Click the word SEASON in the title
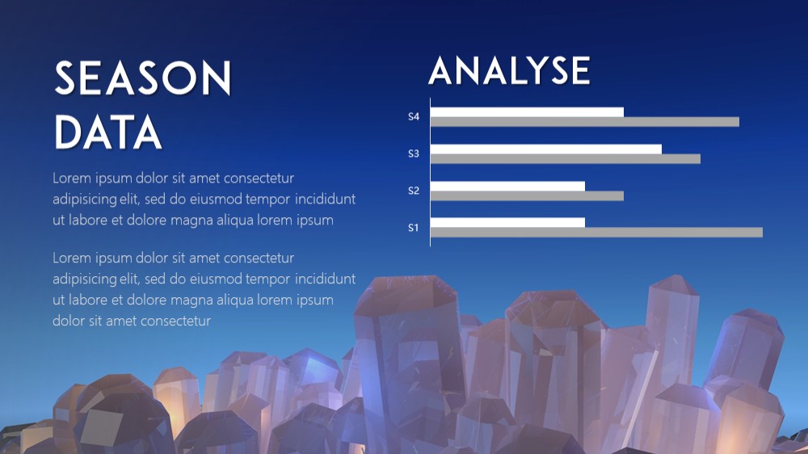(143, 78)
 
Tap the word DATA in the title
(108, 132)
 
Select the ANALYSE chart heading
(509, 70)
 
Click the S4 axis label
(413, 116)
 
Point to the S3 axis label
(413, 153)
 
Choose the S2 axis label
(413, 191)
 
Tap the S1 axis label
(413, 228)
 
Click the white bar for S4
(527, 111)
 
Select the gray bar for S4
(585, 122)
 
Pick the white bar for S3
(546, 149)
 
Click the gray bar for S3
(566, 158)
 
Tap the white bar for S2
(507, 186)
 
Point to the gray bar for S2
(527, 195)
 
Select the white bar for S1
(507, 223)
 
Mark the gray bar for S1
(597, 233)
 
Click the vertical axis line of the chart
(431, 172)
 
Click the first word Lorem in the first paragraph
(72, 179)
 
